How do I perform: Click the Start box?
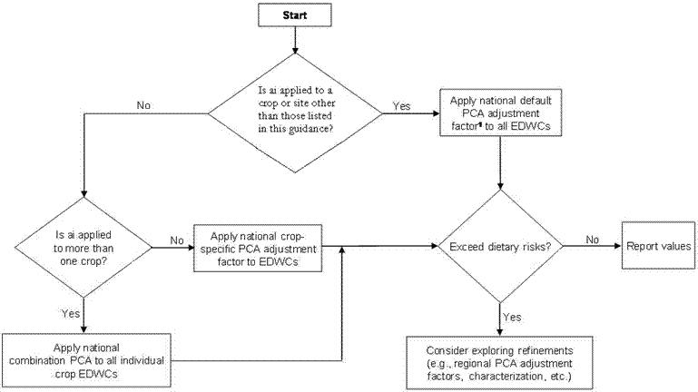click(295, 15)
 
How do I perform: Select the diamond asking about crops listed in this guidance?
click(295, 113)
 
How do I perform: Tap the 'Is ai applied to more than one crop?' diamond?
click(84, 248)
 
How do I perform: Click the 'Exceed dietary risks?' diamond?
click(500, 246)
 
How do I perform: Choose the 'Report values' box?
click(658, 246)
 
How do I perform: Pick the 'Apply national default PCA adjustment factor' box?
click(501, 113)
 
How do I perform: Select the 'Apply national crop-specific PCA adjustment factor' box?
click(258, 249)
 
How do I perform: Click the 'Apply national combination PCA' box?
click(86, 360)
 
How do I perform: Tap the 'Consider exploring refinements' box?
click(499, 363)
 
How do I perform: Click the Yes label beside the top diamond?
click(401, 106)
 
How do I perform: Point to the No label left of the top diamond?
click(143, 105)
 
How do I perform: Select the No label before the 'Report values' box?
click(592, 240)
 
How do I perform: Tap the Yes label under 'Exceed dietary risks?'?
click(512, 317)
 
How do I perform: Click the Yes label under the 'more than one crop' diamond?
click(71, 314)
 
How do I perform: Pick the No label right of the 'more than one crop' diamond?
click(177, 240)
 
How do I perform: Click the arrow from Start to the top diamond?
click(295, 40)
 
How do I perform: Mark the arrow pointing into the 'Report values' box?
click(592, 246)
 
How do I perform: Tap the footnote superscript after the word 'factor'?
click(480, 124)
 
